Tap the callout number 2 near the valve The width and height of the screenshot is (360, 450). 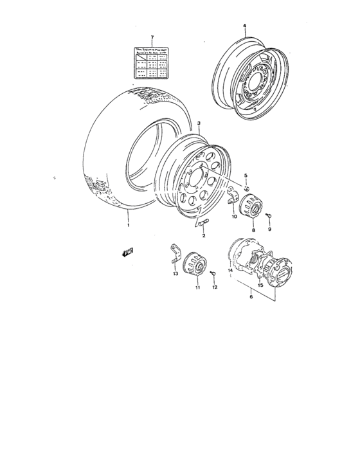pos(204,236)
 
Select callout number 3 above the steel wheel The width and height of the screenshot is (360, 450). pos(199,122)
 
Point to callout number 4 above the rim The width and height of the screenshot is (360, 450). pos(245,26)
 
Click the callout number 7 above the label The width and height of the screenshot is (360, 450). pos(152,37)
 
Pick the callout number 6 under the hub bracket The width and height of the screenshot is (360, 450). pos(251,298)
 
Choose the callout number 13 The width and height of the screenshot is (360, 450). pos(175,274)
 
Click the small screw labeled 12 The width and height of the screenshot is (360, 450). pos(213,274)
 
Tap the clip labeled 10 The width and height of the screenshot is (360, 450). pos(235,199)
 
